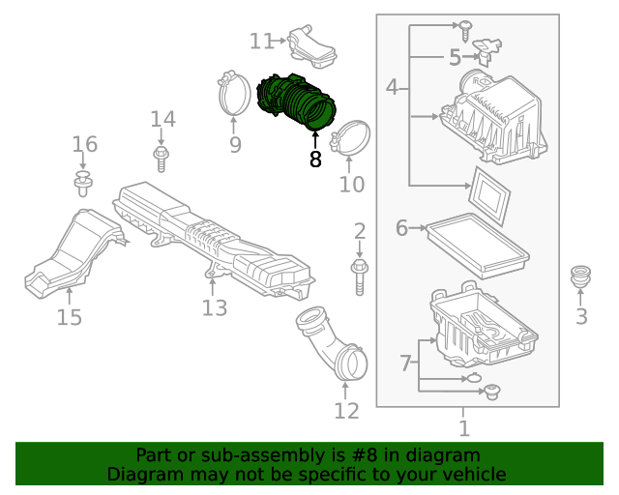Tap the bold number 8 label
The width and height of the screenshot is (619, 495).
(315, 160)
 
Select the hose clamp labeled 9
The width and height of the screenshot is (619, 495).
(233, 93)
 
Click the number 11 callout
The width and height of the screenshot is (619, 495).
(261, 41)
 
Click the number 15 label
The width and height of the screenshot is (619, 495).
(69, 317)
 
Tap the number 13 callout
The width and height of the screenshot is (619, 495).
(214, 307)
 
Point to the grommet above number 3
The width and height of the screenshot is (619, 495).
(581, 276)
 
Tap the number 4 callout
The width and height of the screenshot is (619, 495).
(392, 88)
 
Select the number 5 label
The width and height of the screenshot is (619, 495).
(455, 58)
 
